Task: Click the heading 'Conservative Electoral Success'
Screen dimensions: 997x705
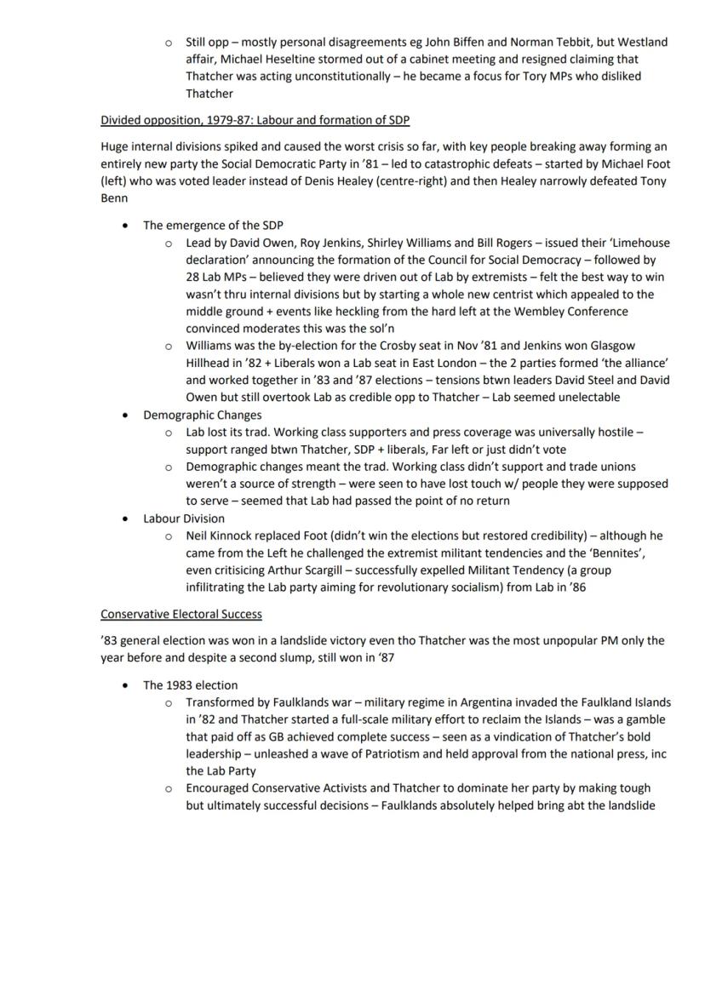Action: (x=181, y=614)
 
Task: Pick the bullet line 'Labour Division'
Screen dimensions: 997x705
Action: (x=184, y=519)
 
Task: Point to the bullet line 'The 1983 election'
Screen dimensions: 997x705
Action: (x=191, y=685)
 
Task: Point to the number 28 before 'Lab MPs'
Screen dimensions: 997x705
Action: (x=193, y=278)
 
